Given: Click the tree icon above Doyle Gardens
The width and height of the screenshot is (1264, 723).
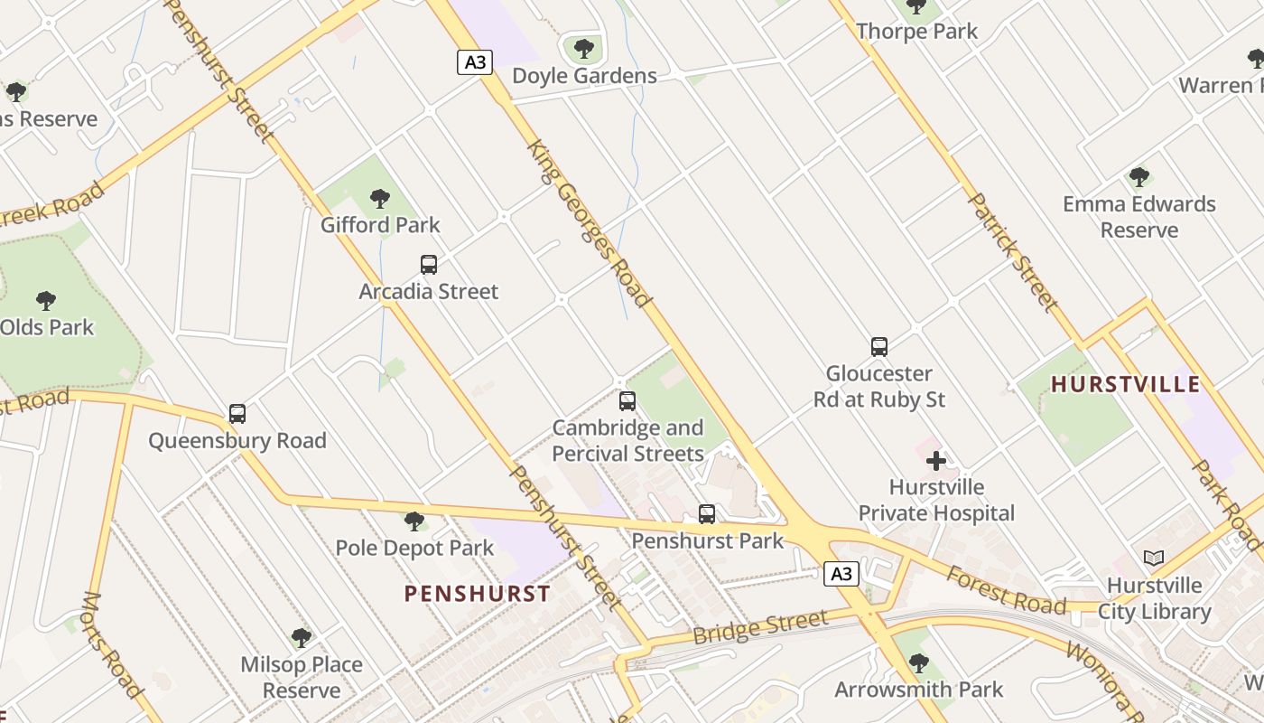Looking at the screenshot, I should pos(584,48).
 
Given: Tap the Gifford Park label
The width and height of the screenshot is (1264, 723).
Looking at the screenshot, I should pos(380,224).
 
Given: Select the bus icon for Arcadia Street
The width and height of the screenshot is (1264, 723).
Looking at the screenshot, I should pos(429,265).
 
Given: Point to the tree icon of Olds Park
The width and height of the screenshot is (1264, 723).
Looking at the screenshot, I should pos(46,300).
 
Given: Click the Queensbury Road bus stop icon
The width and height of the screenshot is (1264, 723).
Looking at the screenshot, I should pos(237,414).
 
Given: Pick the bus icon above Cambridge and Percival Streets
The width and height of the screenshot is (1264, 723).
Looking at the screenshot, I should pos(627,401).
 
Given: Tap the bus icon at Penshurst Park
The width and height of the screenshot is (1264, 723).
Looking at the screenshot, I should pos(707,514).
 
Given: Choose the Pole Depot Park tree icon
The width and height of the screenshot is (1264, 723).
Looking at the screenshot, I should pos(414,521).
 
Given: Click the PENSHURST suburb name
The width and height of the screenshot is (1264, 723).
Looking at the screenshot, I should pos(477,594).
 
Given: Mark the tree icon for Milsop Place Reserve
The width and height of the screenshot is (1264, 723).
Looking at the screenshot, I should pos(302,638).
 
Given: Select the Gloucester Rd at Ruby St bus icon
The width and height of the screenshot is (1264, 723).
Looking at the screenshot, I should pos(879,346).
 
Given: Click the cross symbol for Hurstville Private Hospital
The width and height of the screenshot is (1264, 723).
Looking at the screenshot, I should pos(936,461).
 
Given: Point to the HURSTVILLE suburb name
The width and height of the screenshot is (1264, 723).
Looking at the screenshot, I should pos(1126,384).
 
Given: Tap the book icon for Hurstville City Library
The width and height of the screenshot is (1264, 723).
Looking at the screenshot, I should pos(1154,559).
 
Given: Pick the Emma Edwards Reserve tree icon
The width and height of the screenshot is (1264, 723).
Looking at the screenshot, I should pos(1139,177).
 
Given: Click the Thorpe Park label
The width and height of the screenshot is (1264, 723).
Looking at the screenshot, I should pos(916,32).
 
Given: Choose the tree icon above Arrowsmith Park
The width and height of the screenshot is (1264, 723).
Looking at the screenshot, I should pos(919,663).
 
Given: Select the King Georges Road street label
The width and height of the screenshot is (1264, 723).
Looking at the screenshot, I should pos(588,223).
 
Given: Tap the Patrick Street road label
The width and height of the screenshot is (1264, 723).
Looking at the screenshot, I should pos(1012,251).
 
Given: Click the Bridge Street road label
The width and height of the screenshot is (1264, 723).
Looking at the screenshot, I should pos(760,625).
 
